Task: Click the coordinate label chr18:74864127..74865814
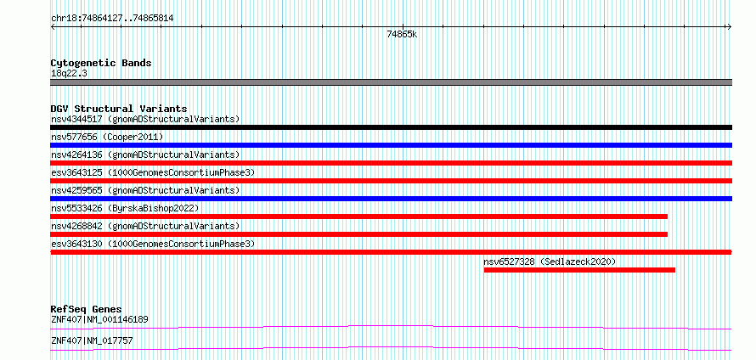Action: tap(112, 19)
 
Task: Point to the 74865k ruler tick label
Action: tap(402, 34)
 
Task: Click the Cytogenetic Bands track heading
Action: tap(101, 63)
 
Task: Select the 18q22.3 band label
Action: tap(69, 74)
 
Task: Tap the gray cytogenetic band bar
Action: tap(392, 82)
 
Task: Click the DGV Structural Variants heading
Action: tap(119, 109)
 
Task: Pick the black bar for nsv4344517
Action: tap(392, 127)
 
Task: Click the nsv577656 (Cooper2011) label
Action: tap(107, 138)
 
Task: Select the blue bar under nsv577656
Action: tap(392, 145)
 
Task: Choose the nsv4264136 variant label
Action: tap(145, 155)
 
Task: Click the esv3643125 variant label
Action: tap(153, 172)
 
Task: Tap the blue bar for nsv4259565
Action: tap(392, 199)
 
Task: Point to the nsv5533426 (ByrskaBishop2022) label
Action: tap(125, 208)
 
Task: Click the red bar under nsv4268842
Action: tap(359, 234)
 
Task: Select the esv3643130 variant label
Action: tap(153, 244)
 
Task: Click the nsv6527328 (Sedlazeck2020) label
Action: tap(550, 262)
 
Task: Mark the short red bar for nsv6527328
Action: tap(579, 270)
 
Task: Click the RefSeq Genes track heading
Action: tap(87, 309)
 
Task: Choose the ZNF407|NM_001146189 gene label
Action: tap(99, 319)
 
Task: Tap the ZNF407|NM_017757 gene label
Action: tap(92, 341)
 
